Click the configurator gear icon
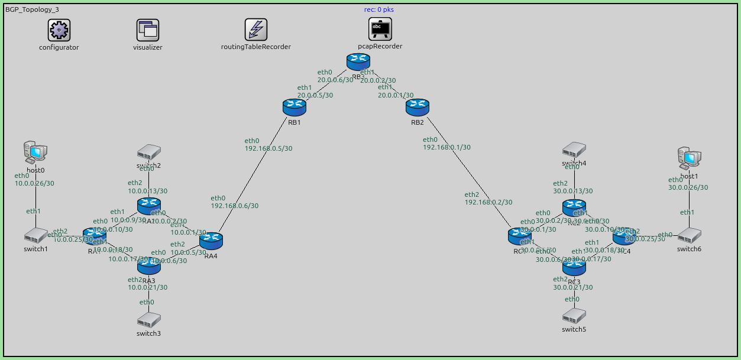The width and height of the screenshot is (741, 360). pos(59,30)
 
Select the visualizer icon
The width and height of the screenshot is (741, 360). pos(148,30)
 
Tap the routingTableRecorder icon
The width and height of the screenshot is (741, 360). pos(256,30)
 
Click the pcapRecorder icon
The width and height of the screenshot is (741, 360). pos(380,28)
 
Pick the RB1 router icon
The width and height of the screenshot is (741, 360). pos(294,107)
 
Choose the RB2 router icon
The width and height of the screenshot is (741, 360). pos(417,107)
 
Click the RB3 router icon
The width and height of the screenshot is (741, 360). pos(358,60)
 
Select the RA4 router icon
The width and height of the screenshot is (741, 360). pos(211,241)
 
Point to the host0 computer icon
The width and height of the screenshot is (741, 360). pos(35,153)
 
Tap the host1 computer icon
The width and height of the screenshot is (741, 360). pos(689,158)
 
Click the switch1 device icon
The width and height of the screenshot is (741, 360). pos(35,236)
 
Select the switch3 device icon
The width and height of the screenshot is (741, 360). pos(148,320)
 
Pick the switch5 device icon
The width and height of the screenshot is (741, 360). pos(574,316)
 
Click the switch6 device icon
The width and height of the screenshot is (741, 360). pos(689,236)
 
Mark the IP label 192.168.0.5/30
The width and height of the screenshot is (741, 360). pos(268,149)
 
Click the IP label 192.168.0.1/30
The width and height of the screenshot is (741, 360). pos(447,148)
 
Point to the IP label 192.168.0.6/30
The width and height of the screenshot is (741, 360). pos(235,206)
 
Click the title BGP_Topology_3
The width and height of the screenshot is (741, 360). pos(32,10)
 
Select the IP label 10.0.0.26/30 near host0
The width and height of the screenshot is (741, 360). pos(34,184)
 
